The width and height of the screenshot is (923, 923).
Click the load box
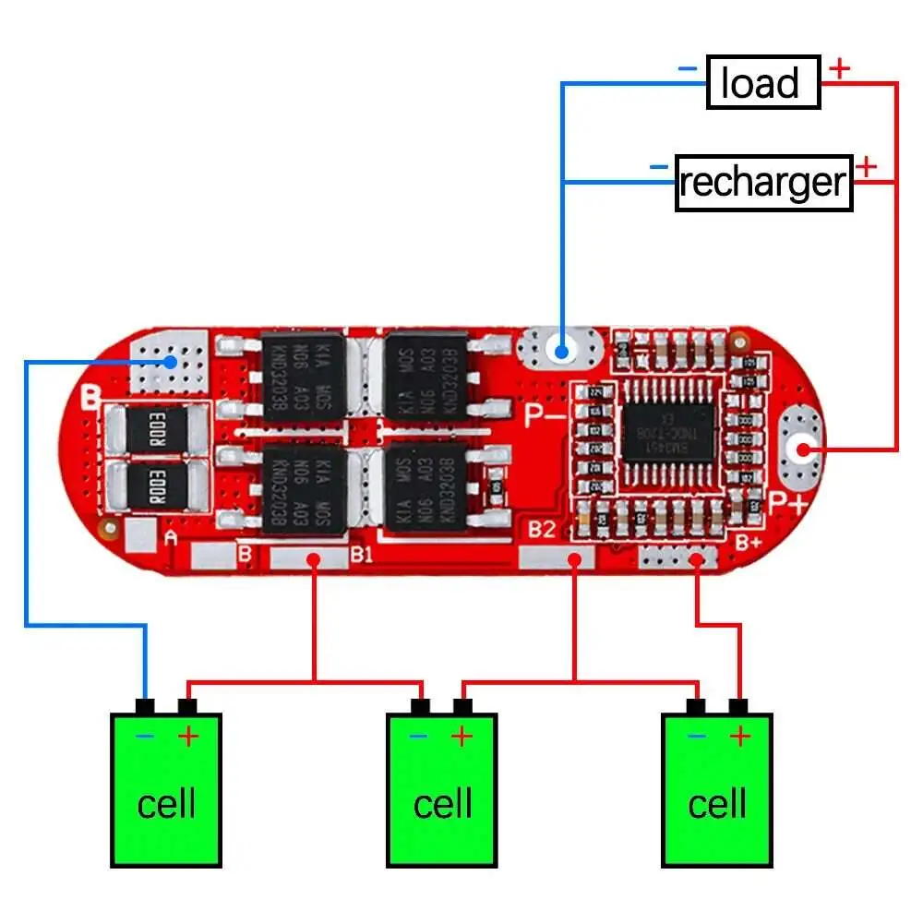pyautogui.click(x=763, y=83)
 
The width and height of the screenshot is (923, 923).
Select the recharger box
pyautogui.click(x=763, y=183)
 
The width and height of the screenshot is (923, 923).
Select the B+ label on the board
pyautogui.click(x=747, y=542)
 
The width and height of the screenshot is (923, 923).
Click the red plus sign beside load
pyautogui.click(x=839, y=67)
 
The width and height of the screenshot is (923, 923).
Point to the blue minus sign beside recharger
pyautogui.click(x=658, y=167)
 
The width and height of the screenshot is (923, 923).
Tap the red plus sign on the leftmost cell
pyautogui.click(x=188, y=737)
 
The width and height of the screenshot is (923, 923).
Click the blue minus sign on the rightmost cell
pyautogui.click(x=697, y=737)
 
